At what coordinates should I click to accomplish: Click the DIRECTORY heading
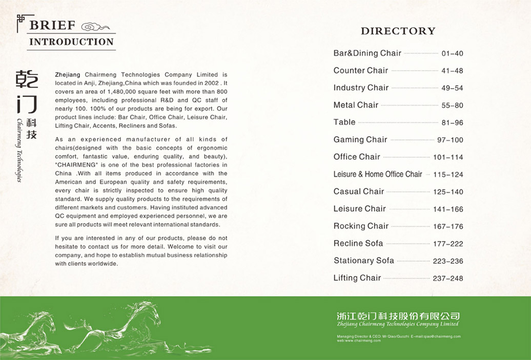(x=398, y=31)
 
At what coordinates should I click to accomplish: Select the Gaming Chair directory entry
(x=360, y=140)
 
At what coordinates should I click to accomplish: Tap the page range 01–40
(x=452, y=54)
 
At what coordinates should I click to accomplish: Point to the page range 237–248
(x=448, y=279)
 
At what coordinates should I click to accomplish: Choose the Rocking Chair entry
(x=361, y=226)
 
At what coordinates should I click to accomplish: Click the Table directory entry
(x=344, y=122)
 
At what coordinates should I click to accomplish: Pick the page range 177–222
(x=448, y=244)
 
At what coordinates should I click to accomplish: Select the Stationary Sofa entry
(x=364, y=261)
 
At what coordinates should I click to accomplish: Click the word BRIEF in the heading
(x=53, y=26)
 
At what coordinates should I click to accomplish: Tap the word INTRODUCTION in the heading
(x=71, y=42)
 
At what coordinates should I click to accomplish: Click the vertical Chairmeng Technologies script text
(x=19, y=151)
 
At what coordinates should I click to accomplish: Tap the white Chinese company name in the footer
(x=398, y=316)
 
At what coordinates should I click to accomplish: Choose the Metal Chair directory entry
(x=356, y=105)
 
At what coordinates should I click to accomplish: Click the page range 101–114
(x=448, y=157)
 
